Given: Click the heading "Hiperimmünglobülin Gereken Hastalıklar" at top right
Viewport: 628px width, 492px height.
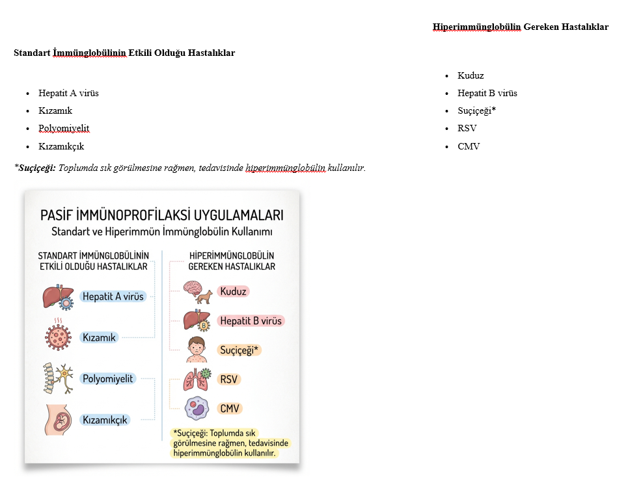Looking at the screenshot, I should tap(521, 27).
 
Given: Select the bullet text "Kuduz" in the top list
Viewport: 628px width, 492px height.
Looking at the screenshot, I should tap(471, 75).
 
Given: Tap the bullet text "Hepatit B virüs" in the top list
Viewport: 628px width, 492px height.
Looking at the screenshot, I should tap(487, 93).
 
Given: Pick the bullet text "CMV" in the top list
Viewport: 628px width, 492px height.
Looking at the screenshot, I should tap(469, 146).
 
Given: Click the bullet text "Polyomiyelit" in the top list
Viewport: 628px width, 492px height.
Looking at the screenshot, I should tap(64, 129).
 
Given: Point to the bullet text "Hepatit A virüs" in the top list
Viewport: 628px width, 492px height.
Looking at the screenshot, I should tap(68, 93).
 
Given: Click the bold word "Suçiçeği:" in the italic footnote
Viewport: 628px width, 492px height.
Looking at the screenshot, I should tap(38, 168).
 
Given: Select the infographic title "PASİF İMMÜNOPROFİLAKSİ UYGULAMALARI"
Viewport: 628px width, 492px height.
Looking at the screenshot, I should tap(162, 215).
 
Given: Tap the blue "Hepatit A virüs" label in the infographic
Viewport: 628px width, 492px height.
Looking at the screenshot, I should tap(113, 296).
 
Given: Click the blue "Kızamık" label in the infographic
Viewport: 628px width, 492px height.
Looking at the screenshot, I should tap(99, 337).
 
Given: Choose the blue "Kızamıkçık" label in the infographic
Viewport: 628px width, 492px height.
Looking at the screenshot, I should tap(105, 420).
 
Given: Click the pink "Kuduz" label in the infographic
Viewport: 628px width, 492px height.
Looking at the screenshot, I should tap(233, 292).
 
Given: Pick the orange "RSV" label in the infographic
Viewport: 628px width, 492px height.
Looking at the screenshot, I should tap(229, 380).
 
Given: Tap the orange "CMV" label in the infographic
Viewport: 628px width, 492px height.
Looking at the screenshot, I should tap(229, 409).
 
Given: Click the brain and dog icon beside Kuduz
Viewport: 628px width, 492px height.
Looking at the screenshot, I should tap(197, 292).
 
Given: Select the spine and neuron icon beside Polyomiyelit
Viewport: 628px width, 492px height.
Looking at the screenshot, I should tap(57, 378).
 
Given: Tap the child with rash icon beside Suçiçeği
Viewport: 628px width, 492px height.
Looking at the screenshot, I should tap(197, 350).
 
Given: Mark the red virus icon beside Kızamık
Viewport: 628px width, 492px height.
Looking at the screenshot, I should tap(58, 337).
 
